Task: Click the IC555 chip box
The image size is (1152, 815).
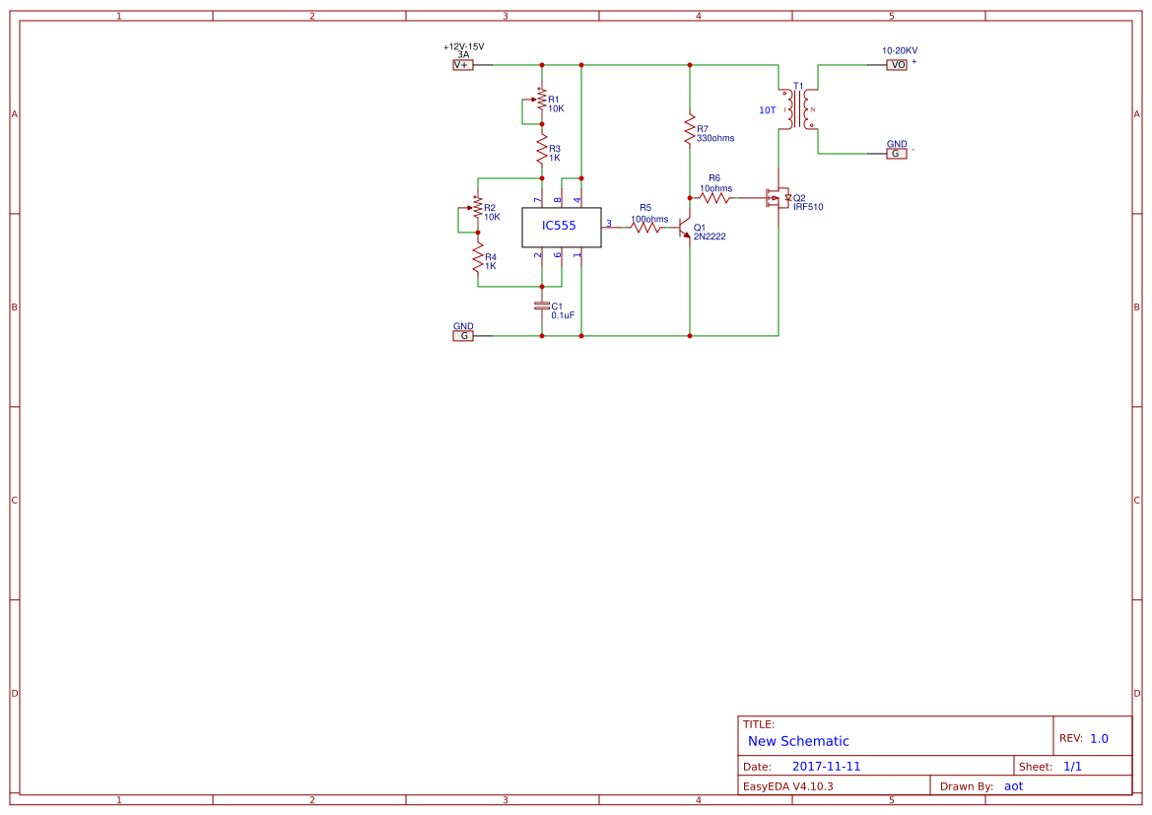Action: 561,227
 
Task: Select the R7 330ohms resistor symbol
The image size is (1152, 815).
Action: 690,131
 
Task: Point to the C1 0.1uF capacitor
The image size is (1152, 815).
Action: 541,306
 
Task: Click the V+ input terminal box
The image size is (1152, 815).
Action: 462,65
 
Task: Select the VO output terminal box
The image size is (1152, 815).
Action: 897,65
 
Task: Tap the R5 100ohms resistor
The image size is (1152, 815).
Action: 645,227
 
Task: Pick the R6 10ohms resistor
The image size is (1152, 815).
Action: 714,198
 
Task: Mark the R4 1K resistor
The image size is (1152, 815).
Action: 478,259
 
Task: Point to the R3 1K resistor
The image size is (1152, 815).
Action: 541,150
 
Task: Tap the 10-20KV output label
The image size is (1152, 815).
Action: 899,50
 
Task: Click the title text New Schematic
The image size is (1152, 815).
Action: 797,741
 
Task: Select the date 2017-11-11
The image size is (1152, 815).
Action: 826,767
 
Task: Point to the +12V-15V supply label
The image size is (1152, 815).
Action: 463,46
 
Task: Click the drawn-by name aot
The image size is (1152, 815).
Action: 1013,786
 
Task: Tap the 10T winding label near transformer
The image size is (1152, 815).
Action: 767,111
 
